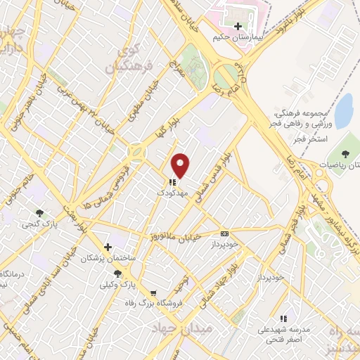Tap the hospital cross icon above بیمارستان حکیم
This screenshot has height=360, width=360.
[237, 25]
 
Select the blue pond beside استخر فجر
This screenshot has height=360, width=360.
[344, 110]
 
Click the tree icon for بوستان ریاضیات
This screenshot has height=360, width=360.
[345, 153]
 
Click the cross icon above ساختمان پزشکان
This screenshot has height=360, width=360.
[108, 247]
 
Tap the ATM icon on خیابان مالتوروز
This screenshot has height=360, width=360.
[224, 233]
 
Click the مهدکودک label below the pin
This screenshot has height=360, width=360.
[172, 191]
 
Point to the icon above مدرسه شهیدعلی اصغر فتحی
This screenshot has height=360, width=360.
[283, 319]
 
